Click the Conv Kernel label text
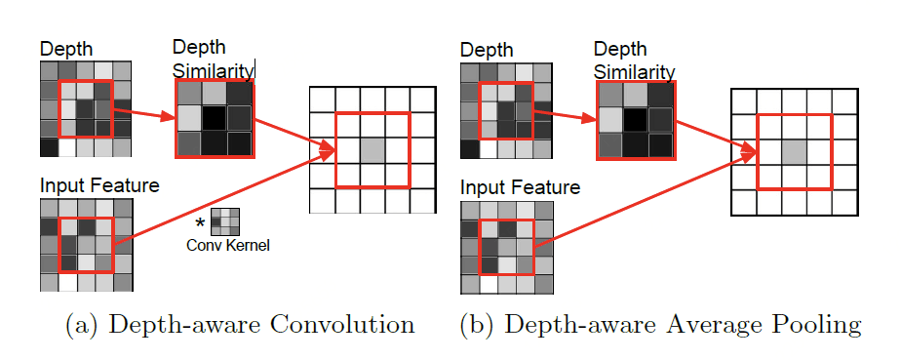(x=227, y=246)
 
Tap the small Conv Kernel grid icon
(x=226, y=220)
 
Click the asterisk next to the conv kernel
(x=201, y=222)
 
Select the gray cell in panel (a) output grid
(x=372, y=149)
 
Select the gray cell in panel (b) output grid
(x=794, y=151)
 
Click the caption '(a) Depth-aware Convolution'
(x=240, y=325)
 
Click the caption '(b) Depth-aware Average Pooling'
(x=660, y=325)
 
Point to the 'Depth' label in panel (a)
(x=63, y=50)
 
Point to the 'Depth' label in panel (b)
(x=486, y=49)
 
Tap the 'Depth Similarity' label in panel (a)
(x=213, y=59)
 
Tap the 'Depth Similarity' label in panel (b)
(x=634, y=60)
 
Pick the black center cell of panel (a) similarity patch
(x=214, y=118)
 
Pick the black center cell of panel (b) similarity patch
(x=635, y=120)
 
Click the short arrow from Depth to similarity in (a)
(x=144, y=114)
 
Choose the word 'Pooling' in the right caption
(x=820, y=325)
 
